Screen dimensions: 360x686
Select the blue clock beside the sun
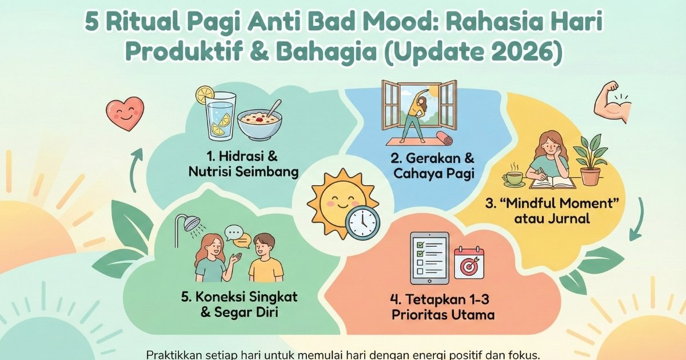pos(362,222)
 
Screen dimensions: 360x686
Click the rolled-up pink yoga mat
pos(444,139)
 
